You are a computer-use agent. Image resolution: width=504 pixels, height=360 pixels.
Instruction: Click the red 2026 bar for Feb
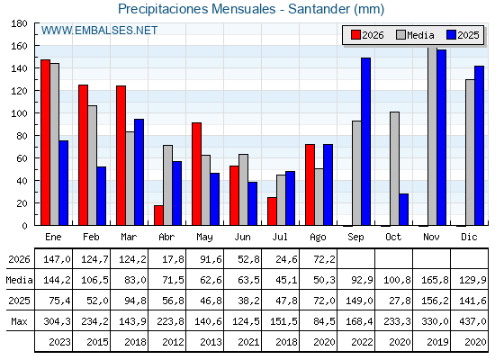coord(83,155)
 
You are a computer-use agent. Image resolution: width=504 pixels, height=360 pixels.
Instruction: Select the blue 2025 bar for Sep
coord(365,141)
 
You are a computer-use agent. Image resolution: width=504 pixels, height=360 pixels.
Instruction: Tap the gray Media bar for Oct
coord(395,168)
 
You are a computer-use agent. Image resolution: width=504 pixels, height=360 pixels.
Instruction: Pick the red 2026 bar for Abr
coord(158,215)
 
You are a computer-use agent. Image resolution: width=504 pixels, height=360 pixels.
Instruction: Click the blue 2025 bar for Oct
coord(404,209)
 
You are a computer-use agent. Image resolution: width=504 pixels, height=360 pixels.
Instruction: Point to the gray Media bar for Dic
coord(470,152)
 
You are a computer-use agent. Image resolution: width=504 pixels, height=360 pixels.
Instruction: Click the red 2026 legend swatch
coord(355,35)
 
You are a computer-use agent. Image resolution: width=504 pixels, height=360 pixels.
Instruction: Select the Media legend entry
coord(415,35)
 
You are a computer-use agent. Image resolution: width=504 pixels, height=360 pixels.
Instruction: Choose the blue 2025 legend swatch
coord(451,35)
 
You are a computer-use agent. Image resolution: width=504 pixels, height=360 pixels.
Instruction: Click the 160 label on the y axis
coord(19,46)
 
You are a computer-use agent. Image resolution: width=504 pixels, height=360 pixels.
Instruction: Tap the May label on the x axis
coord(205,238)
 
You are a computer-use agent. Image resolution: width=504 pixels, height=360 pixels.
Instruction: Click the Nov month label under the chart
coord(431,238)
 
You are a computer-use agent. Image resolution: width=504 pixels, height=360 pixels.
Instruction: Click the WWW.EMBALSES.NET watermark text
coord(99,31)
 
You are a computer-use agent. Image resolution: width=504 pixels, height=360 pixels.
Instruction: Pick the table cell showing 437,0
coord(470,321)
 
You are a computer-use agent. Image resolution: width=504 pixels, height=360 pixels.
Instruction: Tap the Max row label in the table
coord(19,321)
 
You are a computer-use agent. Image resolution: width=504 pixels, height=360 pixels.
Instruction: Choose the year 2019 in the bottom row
coord(437,342)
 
